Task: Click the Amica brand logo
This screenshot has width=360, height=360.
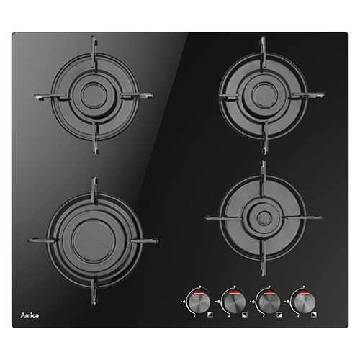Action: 30,315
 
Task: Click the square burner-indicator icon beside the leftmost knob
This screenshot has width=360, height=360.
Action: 210,315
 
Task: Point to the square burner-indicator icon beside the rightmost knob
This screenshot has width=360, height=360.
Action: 314,315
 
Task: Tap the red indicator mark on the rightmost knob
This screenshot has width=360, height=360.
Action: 302,294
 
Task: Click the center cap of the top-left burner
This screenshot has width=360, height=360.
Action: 94,95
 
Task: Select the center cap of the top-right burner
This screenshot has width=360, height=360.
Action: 263,95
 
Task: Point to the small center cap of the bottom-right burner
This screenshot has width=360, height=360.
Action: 264,217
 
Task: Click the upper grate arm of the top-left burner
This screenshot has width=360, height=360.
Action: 94,54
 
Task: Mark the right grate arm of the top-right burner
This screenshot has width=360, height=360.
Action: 307,96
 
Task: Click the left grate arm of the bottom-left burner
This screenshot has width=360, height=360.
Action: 43,240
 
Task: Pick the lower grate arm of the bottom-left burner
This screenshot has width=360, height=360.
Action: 94,291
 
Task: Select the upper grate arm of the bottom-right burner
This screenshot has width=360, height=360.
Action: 264,179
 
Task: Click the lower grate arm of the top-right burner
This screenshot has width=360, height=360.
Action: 265,138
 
